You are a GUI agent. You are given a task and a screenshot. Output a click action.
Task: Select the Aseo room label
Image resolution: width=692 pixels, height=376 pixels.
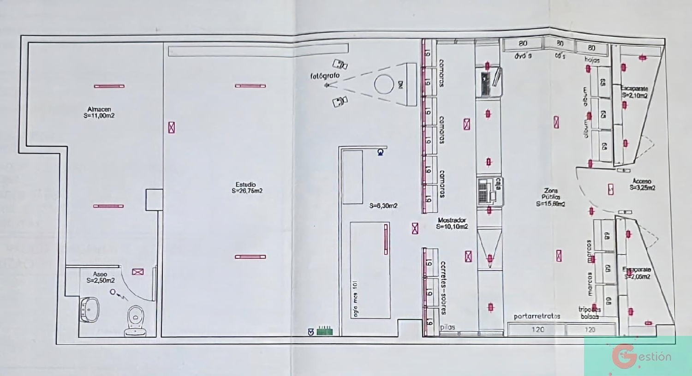tap(100, 277)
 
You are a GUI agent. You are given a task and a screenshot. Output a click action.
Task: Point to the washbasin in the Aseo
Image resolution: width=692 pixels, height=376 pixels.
tap(90, 309)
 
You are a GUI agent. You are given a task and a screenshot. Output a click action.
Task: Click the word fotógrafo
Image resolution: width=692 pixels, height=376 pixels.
tap(325, 75)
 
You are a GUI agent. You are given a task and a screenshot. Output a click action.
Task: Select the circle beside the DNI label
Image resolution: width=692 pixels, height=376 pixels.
tap(383, 84)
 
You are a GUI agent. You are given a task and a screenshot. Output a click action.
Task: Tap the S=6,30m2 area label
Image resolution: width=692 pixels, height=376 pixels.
tap(383, 206)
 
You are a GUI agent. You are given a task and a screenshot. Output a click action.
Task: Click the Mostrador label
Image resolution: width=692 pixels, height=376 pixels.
tap(452, 223)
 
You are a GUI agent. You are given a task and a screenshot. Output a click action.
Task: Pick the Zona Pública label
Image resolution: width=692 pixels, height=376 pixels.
tap(551, 197)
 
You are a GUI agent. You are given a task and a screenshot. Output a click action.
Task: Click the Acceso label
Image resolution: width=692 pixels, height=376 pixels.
tap(642, 184)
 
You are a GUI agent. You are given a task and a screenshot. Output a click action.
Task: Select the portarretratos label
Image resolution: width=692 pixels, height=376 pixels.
tap(537, 316)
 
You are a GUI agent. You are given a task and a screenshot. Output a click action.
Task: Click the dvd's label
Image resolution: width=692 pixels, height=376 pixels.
tap(523, 55)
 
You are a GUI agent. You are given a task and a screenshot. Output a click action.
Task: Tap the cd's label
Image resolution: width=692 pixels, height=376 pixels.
tap(560, 56)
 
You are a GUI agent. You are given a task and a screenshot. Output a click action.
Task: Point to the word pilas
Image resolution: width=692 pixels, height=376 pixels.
tap(447, 327)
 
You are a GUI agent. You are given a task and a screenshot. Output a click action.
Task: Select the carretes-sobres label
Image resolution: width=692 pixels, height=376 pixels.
tap(443, 287)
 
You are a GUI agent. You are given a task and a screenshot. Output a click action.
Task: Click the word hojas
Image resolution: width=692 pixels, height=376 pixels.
tap(592, 60)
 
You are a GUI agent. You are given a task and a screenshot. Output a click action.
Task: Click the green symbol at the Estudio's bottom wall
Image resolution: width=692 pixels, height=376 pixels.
tap(325, 330)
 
